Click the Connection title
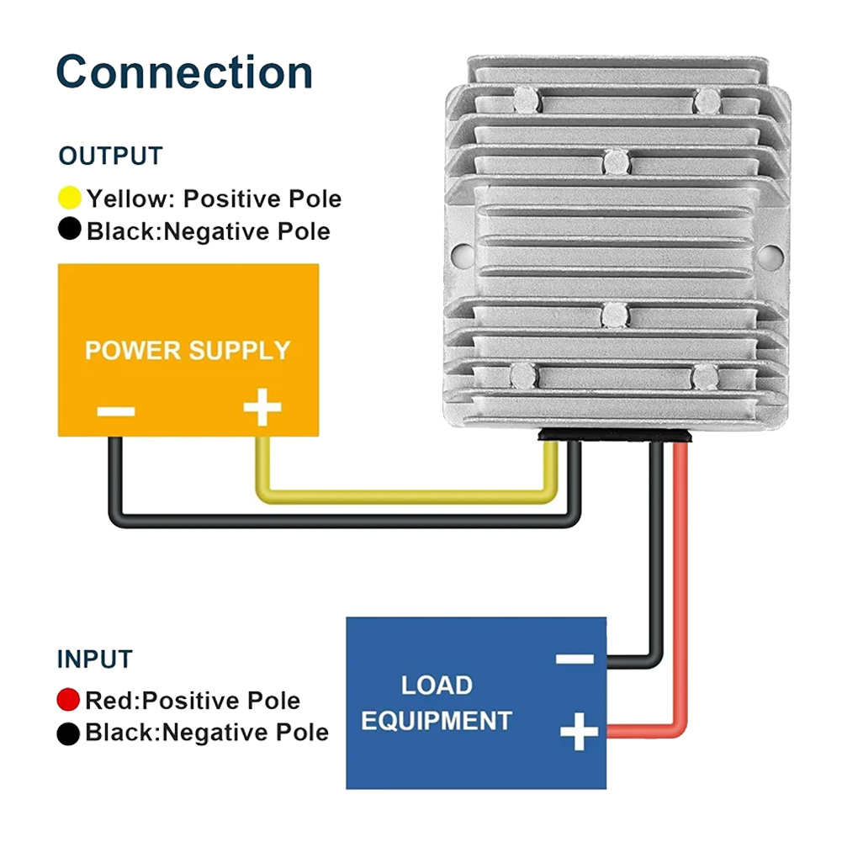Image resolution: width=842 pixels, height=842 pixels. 184,72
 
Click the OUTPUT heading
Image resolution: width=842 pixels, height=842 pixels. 110,156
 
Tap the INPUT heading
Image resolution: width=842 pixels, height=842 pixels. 95,659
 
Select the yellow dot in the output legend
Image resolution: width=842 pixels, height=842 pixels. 70,199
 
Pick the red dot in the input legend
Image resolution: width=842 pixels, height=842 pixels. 68,700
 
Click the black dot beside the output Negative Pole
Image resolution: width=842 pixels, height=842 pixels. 70,229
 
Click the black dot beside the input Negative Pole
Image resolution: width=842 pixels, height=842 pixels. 68,733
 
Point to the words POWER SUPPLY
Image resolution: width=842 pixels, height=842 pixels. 188,350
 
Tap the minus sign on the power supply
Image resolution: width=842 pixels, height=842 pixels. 115,411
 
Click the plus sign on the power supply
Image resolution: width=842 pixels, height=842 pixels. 262,410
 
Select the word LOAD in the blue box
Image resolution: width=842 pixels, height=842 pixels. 437,685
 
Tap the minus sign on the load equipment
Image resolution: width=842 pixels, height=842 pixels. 576,659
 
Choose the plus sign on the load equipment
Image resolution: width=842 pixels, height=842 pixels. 579,730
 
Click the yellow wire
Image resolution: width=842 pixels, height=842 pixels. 404,498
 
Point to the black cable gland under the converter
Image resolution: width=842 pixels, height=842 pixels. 616,435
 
